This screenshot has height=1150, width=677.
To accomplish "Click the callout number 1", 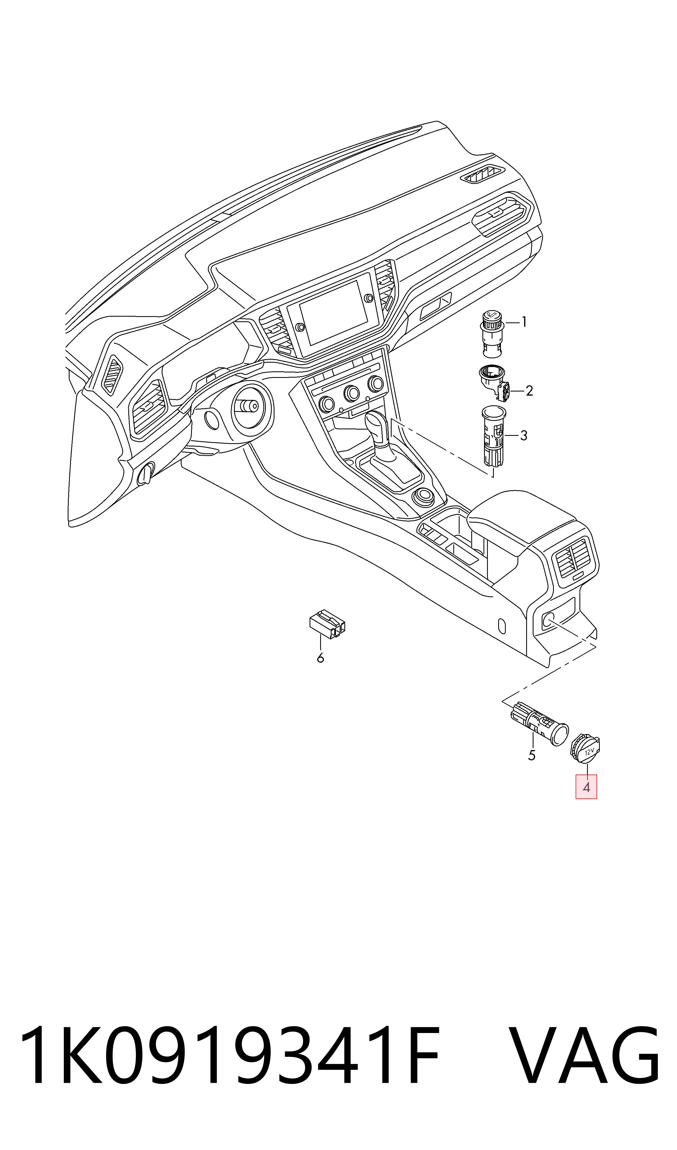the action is click(x=524, y=322).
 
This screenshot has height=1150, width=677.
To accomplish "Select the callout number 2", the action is click(x=529, y=391).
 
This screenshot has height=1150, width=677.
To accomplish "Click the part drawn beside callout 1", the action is click(x=492, y=334).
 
